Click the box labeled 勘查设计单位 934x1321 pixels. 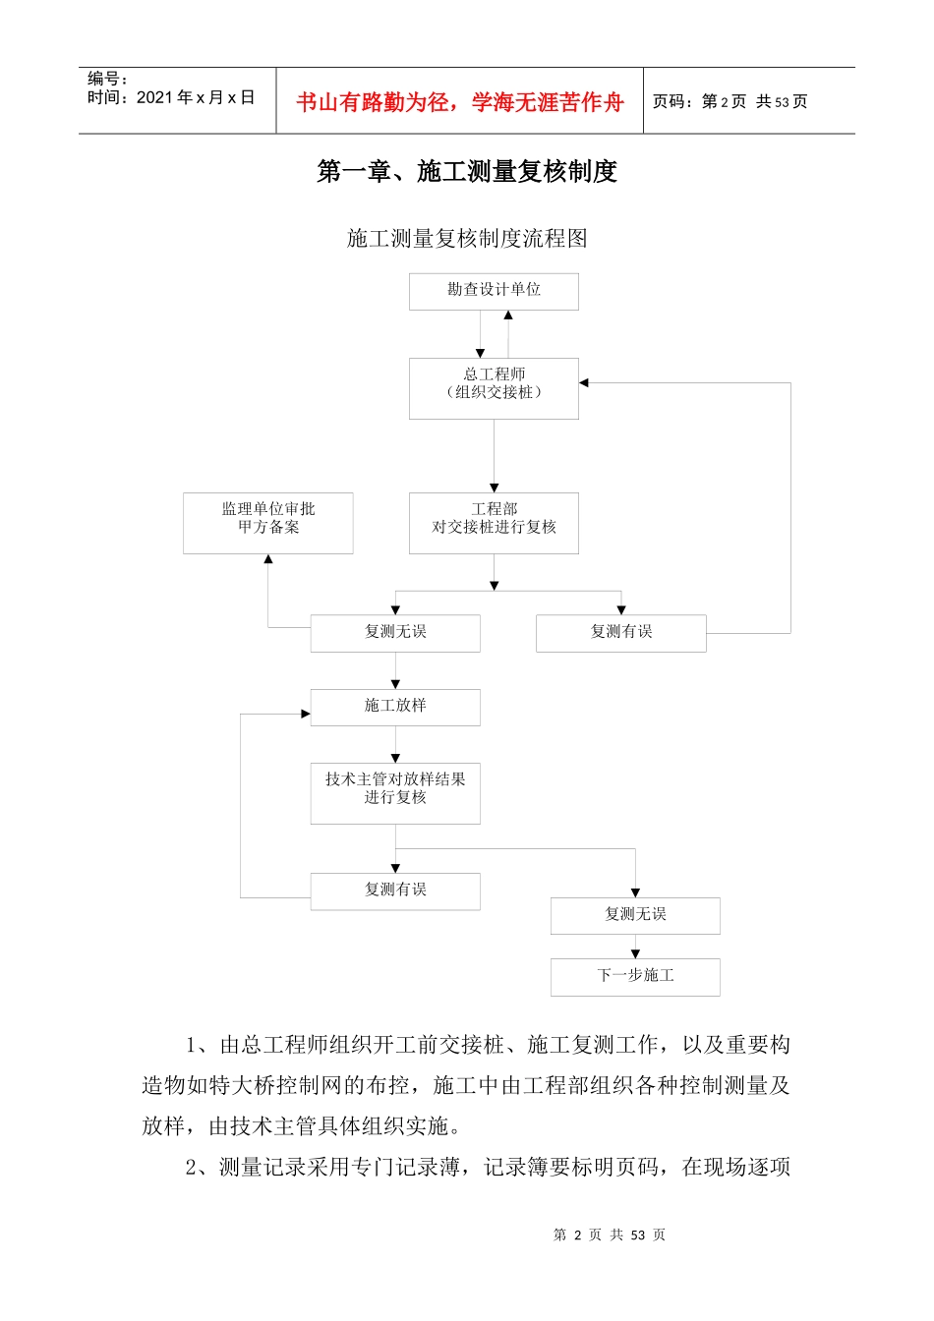(494, 291)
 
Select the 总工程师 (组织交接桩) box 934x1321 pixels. (494, 387)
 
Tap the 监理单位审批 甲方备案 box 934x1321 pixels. (267, 522)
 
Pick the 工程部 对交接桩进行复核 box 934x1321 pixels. (494, 522)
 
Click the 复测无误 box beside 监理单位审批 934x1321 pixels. (395, 633)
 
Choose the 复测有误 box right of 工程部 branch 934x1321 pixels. (620, 633)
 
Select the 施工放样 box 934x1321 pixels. (395, 707)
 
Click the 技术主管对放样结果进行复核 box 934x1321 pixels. (395, 792)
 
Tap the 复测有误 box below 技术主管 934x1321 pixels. (395, 890)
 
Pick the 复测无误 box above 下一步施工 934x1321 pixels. (635, 915)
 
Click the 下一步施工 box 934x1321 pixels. (635, 976)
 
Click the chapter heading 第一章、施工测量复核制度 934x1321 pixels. (467, 172)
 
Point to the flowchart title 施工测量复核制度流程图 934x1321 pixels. (467, 239)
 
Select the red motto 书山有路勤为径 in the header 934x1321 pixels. (460, 102)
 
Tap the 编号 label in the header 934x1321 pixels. (107, 79)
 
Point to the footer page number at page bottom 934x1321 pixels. (610, 1235)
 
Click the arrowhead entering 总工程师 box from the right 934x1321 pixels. (584, 382)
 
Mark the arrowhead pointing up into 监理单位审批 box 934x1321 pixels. (267, 559)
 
